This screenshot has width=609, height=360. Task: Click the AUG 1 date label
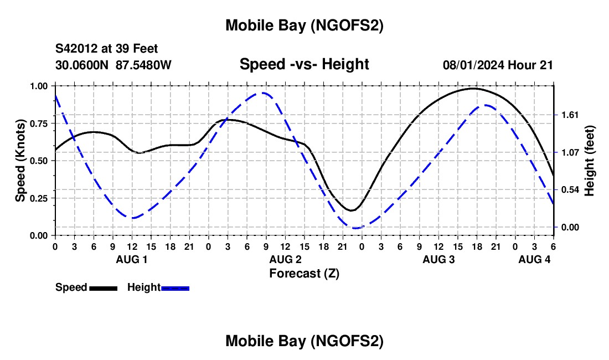tap(132, 259)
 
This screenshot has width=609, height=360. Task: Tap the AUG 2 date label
tap(286, 259)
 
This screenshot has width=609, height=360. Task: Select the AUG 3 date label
tap(439, 259)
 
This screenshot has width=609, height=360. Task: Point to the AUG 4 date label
tap(534, 259)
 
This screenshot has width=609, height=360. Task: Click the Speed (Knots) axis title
tap(20, 161)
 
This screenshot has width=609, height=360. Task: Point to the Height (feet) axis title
tap(590, 161)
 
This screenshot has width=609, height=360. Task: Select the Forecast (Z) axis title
tap(304, 273)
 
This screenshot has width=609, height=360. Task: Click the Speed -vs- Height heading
tap(304, 64)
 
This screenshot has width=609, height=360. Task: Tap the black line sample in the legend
tap(103, 287)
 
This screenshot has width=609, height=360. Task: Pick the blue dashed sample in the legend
tap(176, 287)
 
